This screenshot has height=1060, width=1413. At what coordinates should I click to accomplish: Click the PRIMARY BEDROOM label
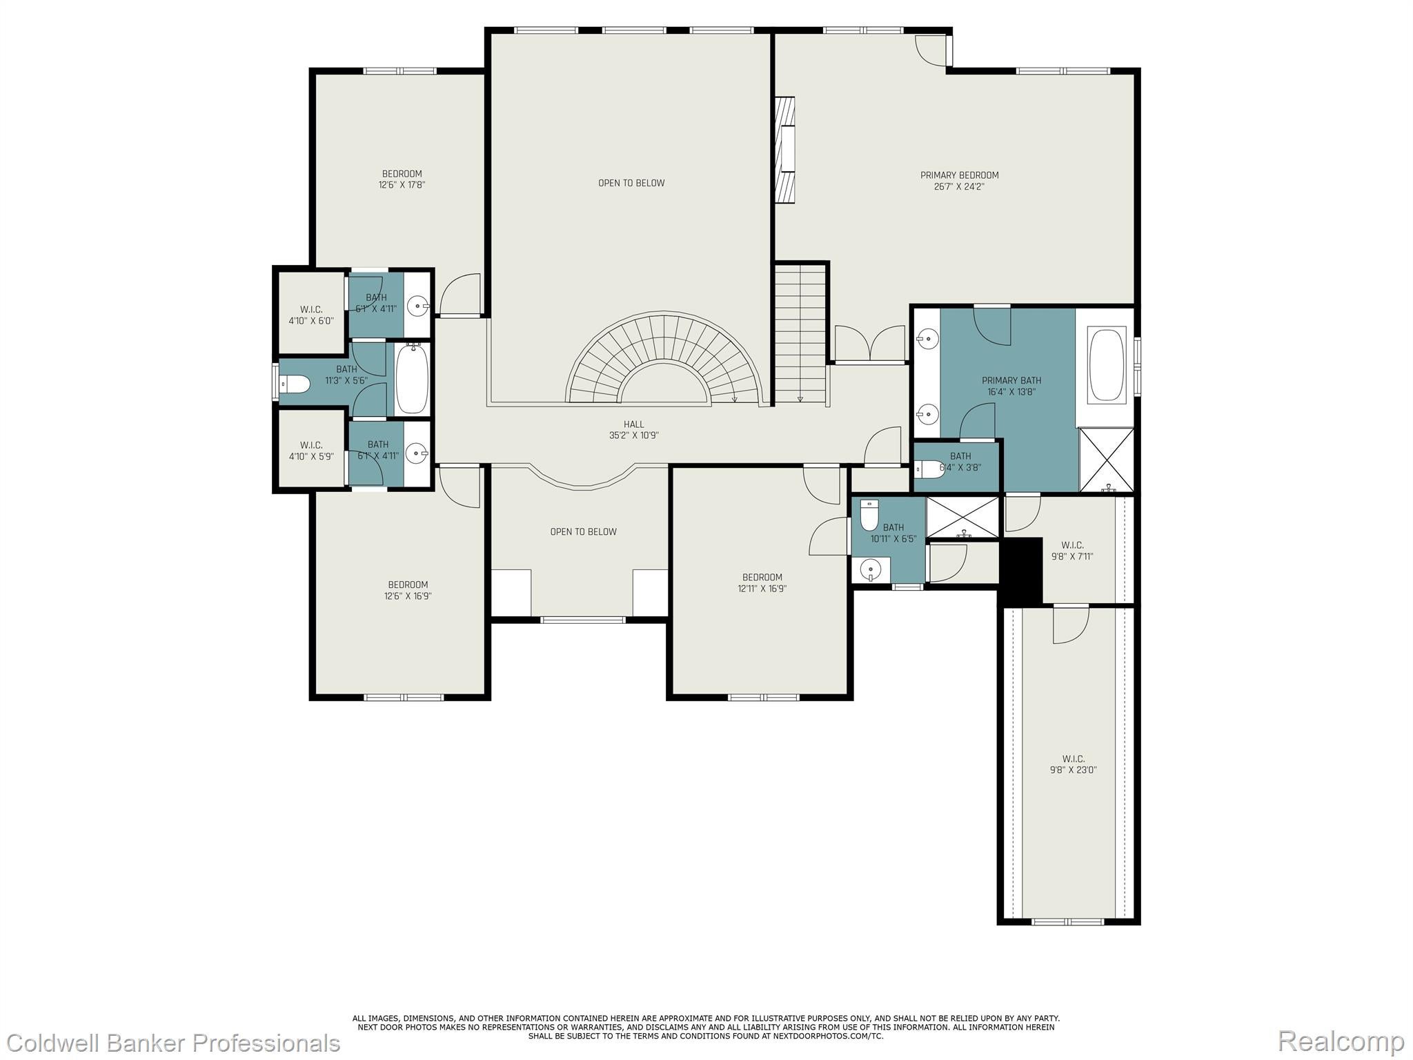click(x=959, y=180)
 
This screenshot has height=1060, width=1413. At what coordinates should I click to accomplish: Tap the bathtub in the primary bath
click(x=1106, y=365)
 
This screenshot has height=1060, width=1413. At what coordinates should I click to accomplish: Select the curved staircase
click(x=666, y=359)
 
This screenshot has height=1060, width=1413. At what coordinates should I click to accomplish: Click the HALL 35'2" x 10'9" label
click(x=633, y=430)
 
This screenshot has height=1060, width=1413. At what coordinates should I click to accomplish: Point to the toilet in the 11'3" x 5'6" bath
click(x=295, y=384)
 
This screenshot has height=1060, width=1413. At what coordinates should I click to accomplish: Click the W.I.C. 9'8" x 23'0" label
click(x=1073, y=764)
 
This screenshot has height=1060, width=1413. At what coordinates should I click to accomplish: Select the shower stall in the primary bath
click(x=1106, y=460)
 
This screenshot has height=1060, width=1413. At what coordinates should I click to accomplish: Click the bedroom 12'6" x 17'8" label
click(x=402, y=179)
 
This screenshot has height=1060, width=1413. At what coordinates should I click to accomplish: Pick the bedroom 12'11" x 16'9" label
click(x=762, y=582)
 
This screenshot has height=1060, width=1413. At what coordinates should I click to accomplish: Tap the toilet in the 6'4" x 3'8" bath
click(x=930, y=469)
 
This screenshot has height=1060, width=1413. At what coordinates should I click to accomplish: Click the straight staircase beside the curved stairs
click(x=800, y=335)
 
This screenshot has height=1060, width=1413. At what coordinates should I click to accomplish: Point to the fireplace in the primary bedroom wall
click(x=785, y=150)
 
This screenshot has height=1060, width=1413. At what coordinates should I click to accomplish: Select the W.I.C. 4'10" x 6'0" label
click(x=310, y=315)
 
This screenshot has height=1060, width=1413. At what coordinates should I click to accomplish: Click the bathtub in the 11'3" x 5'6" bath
click(x=413, y=380)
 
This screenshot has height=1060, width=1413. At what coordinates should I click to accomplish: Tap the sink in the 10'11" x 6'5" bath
click(x=871, y=570)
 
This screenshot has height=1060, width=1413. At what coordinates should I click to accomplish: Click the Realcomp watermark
click(x=1341, y=1041)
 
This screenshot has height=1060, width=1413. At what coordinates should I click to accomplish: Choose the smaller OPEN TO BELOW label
click(x=583, y=531)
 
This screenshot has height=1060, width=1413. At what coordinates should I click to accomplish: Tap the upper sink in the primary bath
click(x=928, y=338)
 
